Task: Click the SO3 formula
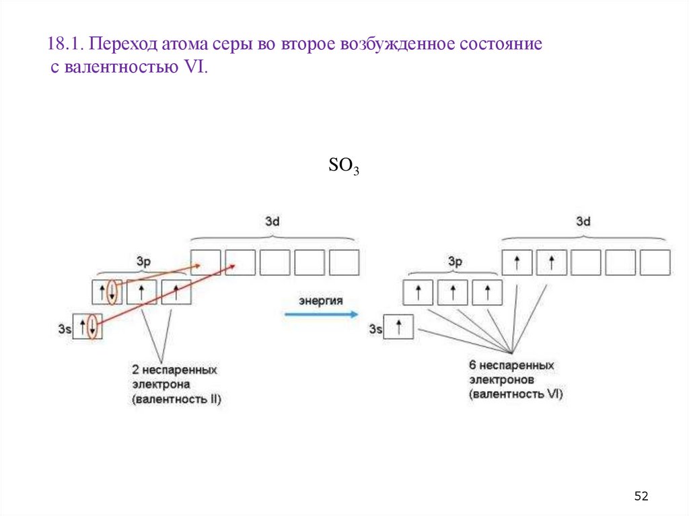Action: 343,166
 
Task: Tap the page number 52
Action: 641,496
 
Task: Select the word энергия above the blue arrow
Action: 321,301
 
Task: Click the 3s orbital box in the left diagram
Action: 87,327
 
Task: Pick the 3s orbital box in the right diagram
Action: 398,328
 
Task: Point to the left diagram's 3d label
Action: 272,221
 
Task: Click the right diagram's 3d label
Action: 583,221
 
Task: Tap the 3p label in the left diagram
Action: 143,262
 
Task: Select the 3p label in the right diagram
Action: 455,262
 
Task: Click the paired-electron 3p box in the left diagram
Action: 107,292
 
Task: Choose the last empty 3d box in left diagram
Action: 344,262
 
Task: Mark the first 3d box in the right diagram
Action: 517,262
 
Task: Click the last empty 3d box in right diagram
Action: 655,262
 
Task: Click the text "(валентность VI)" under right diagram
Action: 516,394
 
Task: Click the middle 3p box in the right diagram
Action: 453,293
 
